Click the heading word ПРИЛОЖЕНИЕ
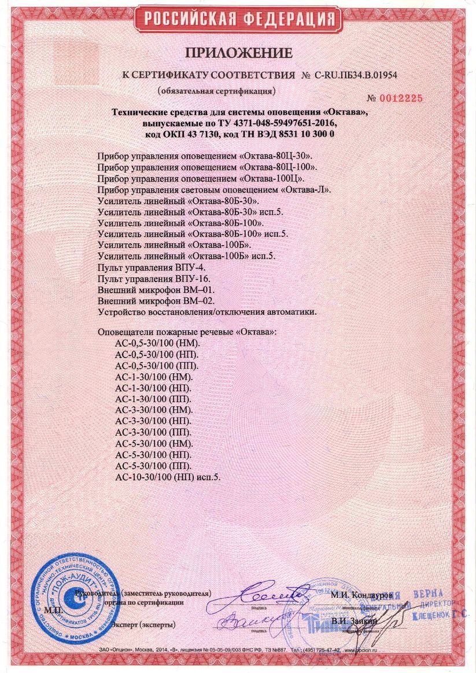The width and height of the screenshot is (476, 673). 239,53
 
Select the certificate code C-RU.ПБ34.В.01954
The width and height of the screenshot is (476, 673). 358,75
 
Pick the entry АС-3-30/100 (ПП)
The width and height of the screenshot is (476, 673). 153,433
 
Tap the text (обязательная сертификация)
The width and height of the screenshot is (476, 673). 217,91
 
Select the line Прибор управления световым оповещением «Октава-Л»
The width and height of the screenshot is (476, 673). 214,189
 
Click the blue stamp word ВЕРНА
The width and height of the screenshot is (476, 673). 428,594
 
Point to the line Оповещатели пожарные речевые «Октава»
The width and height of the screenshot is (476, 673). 187,333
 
